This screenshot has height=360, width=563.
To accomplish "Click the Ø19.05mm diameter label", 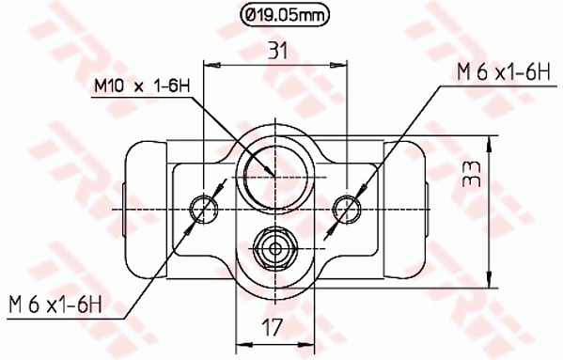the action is pos(285,15).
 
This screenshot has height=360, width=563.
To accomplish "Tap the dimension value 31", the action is pos(278,50).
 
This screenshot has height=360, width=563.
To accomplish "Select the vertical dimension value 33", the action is pos(472,174).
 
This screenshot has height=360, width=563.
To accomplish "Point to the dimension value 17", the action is pos(273,328).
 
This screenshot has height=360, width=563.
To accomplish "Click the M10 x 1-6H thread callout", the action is pos(142,86).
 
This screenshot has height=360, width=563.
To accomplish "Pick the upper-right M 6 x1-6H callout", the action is pos(504,72).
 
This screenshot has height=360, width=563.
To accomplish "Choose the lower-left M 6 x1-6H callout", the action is pos(55,305).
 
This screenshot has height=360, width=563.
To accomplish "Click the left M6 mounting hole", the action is pos(204,208).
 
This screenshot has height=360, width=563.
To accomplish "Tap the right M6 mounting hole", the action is pos(347,208).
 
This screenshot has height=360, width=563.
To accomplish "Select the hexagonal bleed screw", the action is pos(275,248).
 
